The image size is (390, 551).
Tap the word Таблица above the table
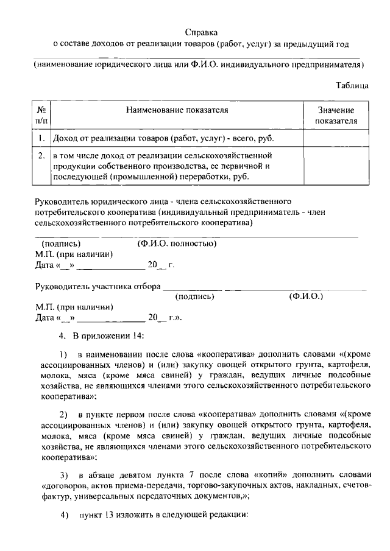tap(353, 86)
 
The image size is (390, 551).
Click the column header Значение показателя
tap(336, 115)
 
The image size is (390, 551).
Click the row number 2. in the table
tap(41, 155)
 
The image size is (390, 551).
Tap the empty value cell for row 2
tap(336, 166)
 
